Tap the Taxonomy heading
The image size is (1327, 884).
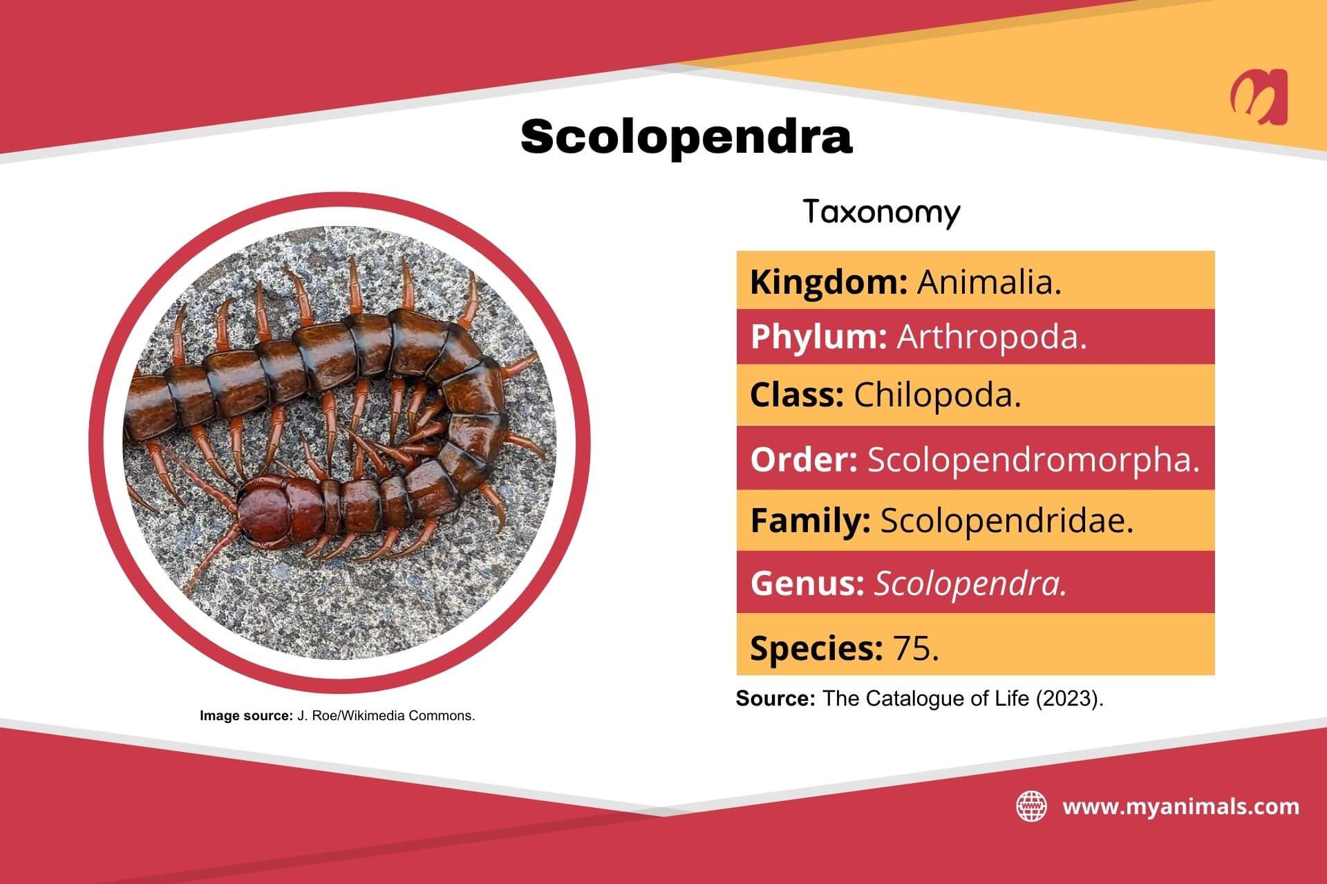point(881,212)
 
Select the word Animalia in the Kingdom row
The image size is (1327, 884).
point(988,282)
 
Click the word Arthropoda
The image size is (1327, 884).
point(991,337)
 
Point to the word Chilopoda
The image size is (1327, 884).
point(937,395)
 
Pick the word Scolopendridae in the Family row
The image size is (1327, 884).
point(1006,520)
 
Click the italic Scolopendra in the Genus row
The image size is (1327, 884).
point(970,583)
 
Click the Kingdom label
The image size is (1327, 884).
point(828,282)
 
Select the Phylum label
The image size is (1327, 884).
point(818,337)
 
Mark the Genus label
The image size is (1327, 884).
point(807,583)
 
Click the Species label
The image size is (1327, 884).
point(816,648)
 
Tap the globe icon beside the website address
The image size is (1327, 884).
point(1031,807)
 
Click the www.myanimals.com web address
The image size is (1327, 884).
point(1180,807)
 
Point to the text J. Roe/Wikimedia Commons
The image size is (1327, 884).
point(386,716)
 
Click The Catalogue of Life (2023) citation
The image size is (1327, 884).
point(963,699)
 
